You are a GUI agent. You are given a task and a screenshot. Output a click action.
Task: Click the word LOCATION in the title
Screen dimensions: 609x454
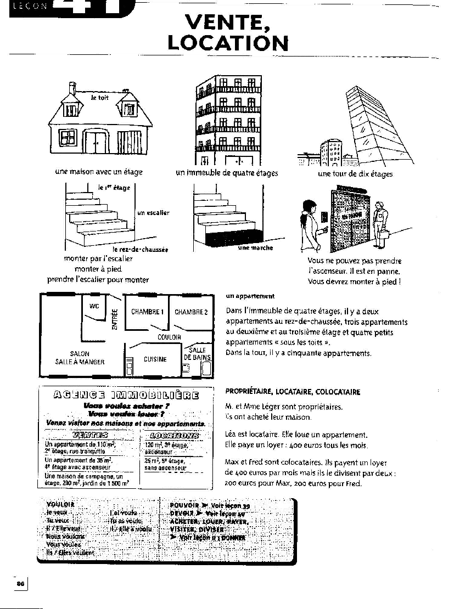pyautogui.click(x=228, y=43)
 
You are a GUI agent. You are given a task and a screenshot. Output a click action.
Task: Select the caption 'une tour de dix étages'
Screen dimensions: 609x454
pyautogui.click(x=355, y=174)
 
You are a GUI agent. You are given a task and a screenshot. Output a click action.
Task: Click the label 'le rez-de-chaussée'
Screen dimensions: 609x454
pyautogui.click(x=140, y=249)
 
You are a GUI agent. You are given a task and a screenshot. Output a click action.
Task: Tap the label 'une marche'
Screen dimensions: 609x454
pyautogui.click(x=255, y=248)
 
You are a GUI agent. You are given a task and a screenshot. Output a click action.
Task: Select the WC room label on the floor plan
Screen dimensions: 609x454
pyautogui.click(x=94, y=306)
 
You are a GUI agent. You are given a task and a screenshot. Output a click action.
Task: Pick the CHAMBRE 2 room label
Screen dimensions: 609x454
pyautogui.click(x=191, y=312)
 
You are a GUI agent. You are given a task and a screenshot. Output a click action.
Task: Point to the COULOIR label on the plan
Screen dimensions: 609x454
pyautogui.click(x=169, y=337)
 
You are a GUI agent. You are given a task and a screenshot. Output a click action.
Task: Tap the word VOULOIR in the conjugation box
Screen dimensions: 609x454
pyautogui.click(x=60, y=504)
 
